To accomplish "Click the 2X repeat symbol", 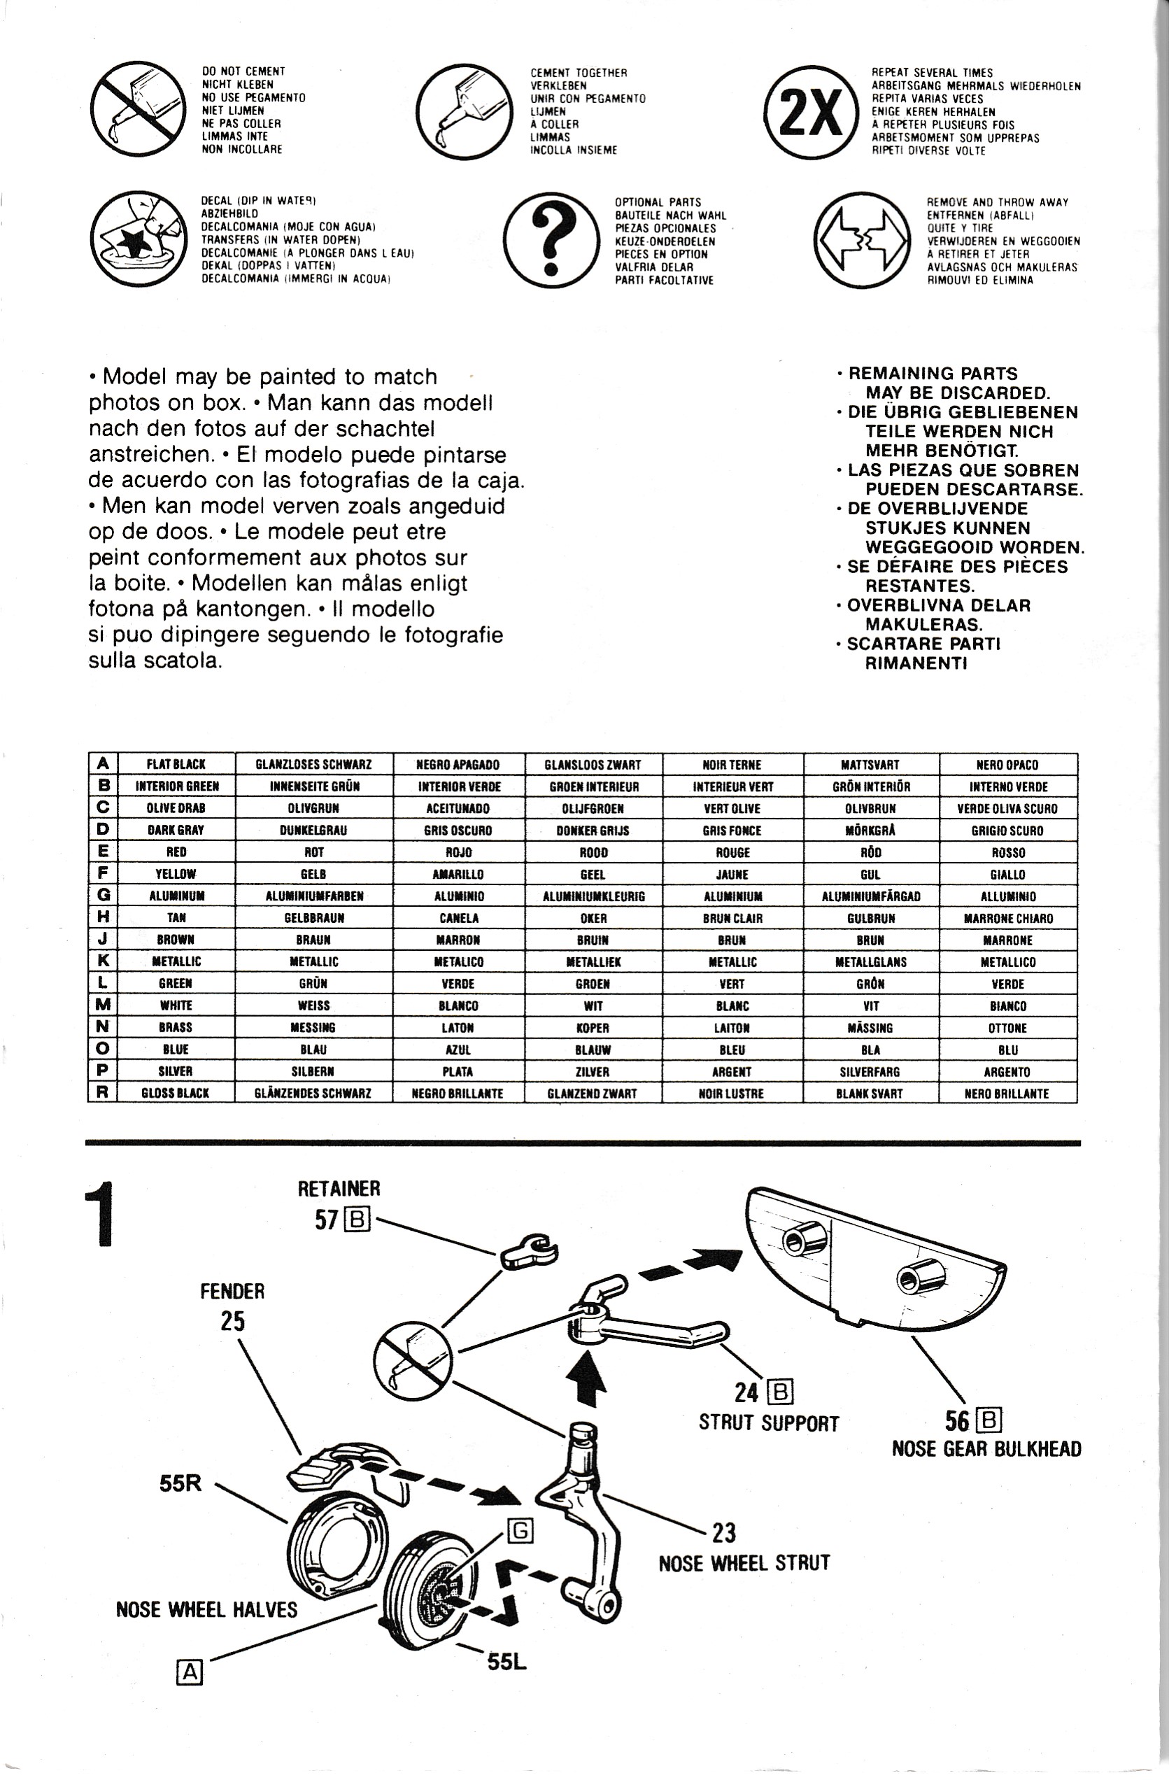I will (811, 112).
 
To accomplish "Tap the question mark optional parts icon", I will (552, 240).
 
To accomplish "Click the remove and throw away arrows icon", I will (862, 240).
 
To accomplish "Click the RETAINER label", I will (339, 1188).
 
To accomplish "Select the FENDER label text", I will (232, 1291).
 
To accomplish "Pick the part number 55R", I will (180, 1483).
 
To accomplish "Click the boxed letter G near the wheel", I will (520, 1532).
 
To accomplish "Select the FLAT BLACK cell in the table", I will (176, 764).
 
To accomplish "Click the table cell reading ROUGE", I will (732, 852).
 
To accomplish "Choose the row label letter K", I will (104, 961).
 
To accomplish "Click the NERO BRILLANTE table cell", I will (1007, 1093).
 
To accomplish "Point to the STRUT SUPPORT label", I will (768, 1422).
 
